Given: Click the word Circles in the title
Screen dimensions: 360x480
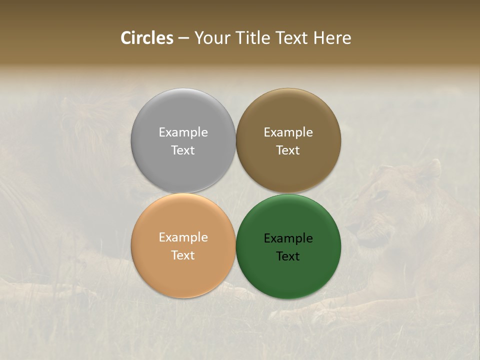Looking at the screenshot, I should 146,38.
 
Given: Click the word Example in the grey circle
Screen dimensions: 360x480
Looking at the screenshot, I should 183,132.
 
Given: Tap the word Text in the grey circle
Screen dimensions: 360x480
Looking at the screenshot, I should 183,150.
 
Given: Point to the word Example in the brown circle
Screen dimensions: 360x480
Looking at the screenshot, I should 288,132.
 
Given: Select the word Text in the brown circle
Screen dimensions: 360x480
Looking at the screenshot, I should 288,150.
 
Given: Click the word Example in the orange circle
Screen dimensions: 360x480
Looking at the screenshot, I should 183,237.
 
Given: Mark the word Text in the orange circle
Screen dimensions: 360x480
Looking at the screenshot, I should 183,255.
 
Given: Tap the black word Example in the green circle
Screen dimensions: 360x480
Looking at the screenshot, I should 288,238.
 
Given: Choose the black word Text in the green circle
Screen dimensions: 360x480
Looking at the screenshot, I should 288,256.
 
